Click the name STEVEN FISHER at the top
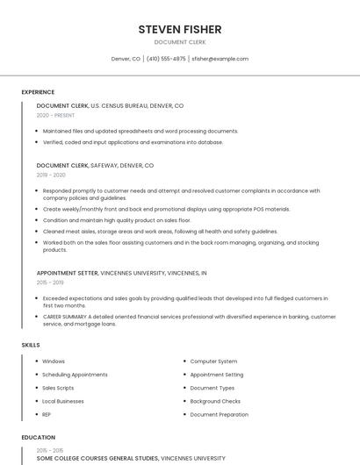(180, 30)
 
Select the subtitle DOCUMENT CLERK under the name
(180, 42)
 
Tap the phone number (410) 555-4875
(166, 59)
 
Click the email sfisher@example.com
(220, 59)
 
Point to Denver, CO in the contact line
(126, 59)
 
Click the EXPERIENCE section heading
(38, 92)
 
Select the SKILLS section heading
(31, 345)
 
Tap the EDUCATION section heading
(39, 437)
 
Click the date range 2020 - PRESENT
(55, 115)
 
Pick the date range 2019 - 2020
(51, 175)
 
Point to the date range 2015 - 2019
(50, 283)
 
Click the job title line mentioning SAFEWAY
(95, 165)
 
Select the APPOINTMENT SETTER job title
(68, 273)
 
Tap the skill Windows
(54, 361)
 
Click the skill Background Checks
(215, 401)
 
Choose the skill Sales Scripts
(58, 388)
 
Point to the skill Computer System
(213, 361)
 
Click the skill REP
(47, 414)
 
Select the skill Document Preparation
(220, 414)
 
